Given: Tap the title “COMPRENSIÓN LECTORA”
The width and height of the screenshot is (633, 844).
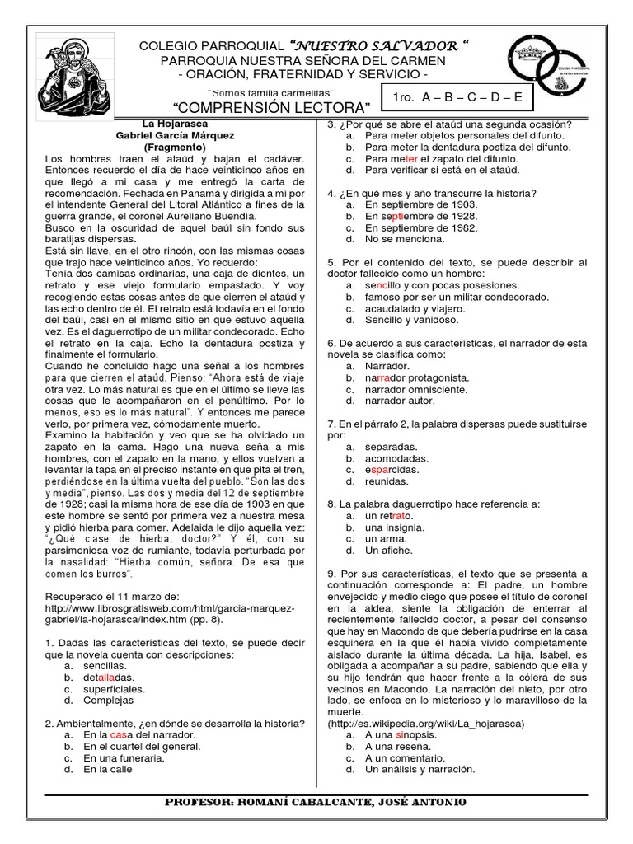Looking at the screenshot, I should click(x=271, y=107).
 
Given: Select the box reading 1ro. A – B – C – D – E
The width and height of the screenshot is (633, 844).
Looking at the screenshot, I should click(x=457, y=97).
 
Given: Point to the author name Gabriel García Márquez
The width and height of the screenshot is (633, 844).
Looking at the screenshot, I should click(x=175, y=135).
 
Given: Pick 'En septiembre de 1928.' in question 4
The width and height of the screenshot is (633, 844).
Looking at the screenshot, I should click(x=421, y=216).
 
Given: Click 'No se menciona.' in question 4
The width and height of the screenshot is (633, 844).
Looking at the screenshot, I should click(x=405, y=239).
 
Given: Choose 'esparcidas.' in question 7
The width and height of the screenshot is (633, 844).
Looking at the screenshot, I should click(x=398, y=469).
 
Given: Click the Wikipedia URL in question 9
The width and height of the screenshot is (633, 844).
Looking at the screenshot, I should click(x=426, y=723).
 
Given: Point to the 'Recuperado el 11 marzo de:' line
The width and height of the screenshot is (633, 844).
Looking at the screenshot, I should click(x=118, y=597).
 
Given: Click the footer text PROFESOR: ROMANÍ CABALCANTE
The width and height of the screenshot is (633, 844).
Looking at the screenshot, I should click(x=316, y=802).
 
